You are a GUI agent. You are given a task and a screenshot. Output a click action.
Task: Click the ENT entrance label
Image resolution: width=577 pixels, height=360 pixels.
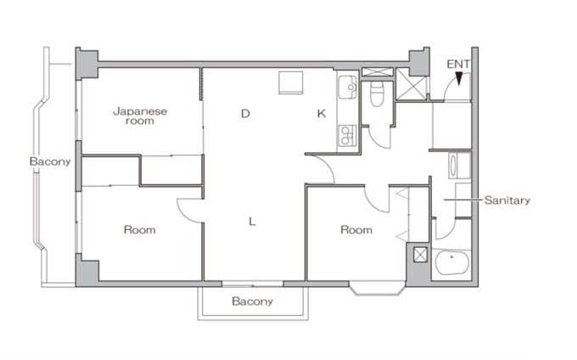pyautogui.click(x=457, y=64)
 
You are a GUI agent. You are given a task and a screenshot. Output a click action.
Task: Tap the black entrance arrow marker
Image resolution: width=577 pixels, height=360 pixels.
pyautogui.click(x=458, y=78)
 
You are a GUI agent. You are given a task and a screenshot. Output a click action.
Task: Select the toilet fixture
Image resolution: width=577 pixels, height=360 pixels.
pyautogui.click(x=377, y=93)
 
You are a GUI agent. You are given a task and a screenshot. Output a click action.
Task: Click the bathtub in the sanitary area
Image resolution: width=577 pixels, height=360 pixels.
pyautogui.click(x=452, y=263)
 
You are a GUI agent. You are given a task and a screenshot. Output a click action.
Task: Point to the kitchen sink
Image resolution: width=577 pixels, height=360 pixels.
pyautogui.click(x=348, y=87)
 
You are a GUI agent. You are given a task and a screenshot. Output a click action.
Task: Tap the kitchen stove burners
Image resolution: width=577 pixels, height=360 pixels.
pyautogui.click(x=347, y=136)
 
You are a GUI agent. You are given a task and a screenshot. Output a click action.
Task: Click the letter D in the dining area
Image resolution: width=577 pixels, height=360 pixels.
pyautogui.click(x=245, y=114)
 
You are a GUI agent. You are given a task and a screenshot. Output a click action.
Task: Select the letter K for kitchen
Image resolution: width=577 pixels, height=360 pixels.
pyautogui.click(x=322, y=114)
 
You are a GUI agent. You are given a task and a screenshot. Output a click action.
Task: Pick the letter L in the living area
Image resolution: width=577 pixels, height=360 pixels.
pyautogui.click(x=252, y=222)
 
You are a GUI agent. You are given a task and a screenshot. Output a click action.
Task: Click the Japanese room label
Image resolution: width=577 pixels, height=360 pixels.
pyautogui.click(x=140, y=116)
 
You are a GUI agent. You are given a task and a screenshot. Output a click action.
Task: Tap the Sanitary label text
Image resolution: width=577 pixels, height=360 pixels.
pyautogui.click(x=507, y=200)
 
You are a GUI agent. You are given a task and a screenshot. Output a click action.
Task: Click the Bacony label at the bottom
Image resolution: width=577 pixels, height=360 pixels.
pyautogui.click(x=253, y=301)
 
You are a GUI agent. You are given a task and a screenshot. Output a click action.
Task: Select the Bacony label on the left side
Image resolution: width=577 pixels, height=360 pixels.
pyautogui.click(x=50, y=161)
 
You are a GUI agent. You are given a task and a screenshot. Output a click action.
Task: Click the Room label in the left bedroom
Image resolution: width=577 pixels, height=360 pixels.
pyautogui.click(x=140, y=230)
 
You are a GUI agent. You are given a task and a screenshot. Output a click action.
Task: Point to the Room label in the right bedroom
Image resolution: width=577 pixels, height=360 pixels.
pyautogui.click(x=356, y=230)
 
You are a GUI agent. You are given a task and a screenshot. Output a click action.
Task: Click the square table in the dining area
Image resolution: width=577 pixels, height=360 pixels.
pyautogui.click(x=291, y=83)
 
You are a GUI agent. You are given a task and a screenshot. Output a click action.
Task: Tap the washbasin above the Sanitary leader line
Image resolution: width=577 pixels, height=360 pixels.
pyautogui.click(x=453, y=166)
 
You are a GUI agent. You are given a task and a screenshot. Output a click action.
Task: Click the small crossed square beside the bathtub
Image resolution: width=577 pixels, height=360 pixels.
pyautogui.click(x=420, y=255)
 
